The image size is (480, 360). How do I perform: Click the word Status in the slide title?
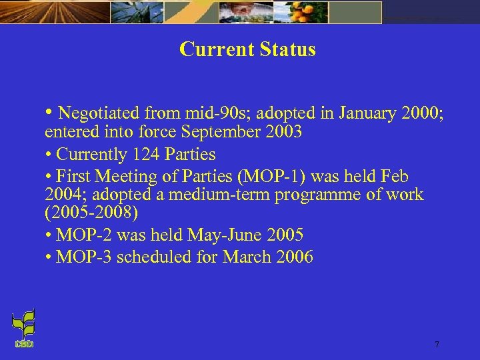coord(287,49)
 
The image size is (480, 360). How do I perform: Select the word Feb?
coord(395,177)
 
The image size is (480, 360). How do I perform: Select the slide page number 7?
coord(437,345)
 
